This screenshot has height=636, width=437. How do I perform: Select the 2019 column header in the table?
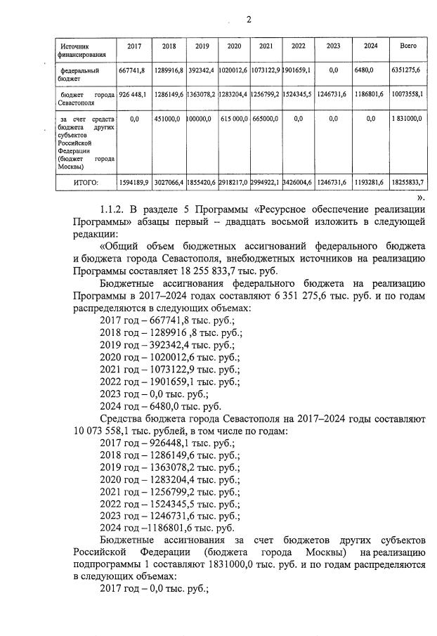coord(202,46)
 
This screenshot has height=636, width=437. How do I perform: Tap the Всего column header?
coord(407,46)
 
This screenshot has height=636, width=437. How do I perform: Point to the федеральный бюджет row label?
coord(80,75)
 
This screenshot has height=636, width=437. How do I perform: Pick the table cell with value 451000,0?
coord(168,119)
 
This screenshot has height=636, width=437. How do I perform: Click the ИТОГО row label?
coord(85,183)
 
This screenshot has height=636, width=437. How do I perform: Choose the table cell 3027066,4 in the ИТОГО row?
coord(168,183)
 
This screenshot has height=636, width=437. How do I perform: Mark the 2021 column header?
coord(266,46)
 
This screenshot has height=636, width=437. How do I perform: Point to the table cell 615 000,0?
coord(233,119)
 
